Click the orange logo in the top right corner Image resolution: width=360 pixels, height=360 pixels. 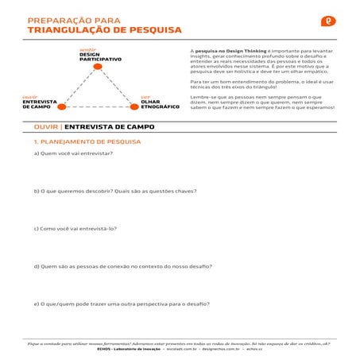pos(327,21)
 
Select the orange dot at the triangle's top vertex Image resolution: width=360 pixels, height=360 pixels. pos(98,66)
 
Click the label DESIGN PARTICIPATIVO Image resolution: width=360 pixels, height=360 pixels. pos(100,57)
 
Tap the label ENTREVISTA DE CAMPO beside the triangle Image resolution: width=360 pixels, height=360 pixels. pos(38,104)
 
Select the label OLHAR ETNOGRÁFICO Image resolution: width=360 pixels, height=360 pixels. pos(159,104)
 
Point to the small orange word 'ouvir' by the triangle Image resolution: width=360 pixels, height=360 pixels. pos(29,97)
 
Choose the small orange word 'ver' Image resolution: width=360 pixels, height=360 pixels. pos(145,97)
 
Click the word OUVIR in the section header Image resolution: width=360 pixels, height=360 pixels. pos(46,126)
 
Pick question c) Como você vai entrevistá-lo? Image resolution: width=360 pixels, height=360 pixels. pos(75,228)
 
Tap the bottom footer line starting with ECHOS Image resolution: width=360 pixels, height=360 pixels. pos(180,348)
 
